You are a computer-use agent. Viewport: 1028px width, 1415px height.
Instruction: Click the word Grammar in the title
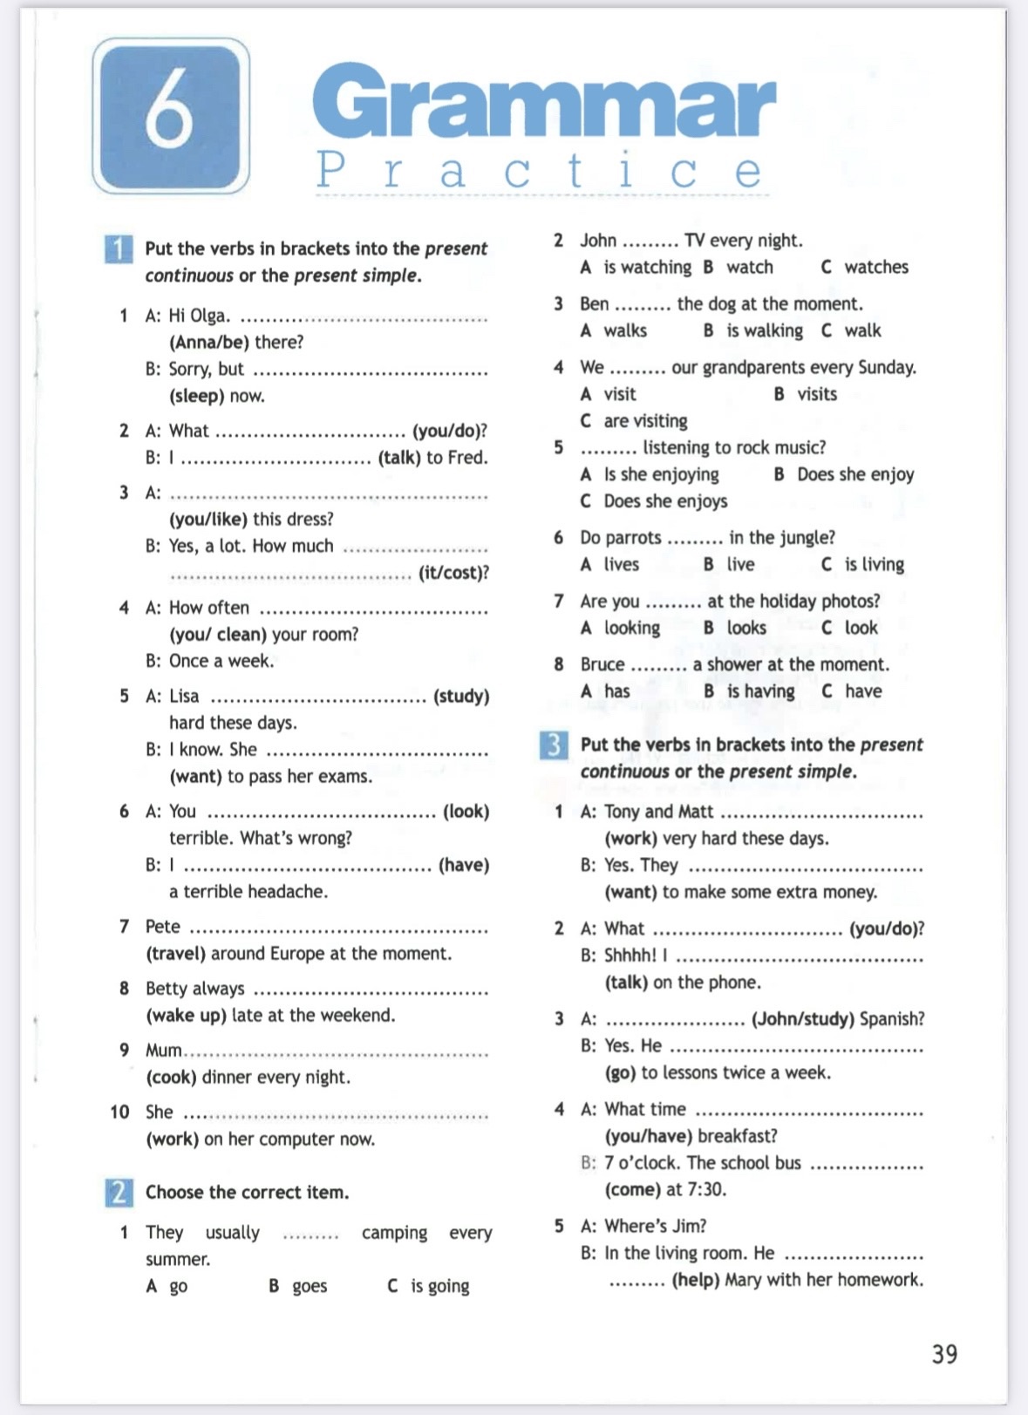point(543,103)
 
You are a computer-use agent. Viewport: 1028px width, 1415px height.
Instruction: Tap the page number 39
point(944,1354)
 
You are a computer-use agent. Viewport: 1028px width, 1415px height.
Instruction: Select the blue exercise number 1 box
point(118,249)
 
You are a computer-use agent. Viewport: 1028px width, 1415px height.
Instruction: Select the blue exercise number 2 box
point(119,1192)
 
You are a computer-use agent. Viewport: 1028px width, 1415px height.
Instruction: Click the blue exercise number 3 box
point(554,745)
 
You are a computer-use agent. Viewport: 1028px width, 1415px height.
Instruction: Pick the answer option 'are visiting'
point(645,421)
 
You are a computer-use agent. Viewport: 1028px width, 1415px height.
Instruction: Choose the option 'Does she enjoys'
point(665,501)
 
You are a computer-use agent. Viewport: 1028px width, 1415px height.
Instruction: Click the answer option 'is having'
point(760,691)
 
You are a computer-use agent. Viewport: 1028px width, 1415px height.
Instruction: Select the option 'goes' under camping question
point(310,1286)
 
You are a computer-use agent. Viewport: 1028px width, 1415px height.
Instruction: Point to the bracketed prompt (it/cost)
point(453,573)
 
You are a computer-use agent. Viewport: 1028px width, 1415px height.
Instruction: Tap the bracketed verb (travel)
point(175,954)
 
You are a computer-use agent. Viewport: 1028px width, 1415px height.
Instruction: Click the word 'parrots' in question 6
point(633,538)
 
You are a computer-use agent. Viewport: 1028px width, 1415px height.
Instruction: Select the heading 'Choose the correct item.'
point(247,1193)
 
